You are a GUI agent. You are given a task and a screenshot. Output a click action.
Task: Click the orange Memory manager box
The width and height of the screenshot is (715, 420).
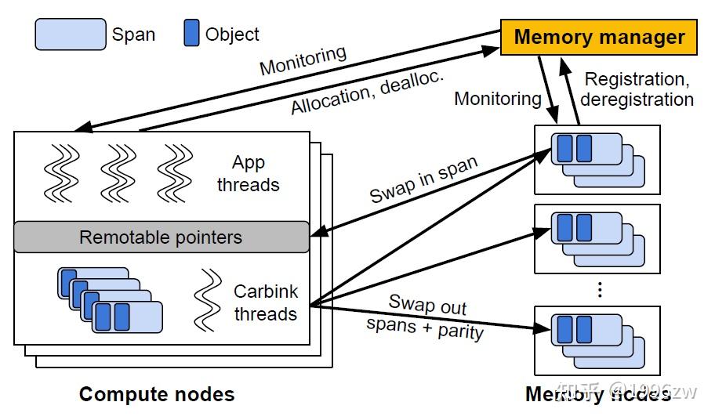point(599,37)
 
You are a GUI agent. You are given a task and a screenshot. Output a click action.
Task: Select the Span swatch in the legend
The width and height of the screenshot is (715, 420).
point(71,34)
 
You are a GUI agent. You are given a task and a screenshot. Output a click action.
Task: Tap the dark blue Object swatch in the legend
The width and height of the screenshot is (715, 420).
point(191,34)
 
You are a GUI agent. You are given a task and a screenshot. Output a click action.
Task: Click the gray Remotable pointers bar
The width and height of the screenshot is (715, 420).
point(161,237)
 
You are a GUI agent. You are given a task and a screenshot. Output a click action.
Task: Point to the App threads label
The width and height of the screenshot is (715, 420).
point(249,174)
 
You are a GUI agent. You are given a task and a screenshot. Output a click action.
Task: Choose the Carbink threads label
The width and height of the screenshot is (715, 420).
point(266,302)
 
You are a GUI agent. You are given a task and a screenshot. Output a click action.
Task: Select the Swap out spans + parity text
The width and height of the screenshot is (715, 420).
point(426,317)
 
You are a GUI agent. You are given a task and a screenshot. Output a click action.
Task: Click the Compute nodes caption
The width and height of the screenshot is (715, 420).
point(157,394)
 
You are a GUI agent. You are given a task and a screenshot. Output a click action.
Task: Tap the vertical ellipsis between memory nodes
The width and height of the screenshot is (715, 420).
point(599,289)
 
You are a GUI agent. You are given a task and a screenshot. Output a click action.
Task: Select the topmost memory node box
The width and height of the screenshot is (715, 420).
point(597,159)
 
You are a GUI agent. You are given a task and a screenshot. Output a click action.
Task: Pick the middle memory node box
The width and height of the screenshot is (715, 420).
point(597,238)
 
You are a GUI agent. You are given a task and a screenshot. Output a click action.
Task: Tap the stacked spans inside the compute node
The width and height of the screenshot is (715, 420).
point(110,300)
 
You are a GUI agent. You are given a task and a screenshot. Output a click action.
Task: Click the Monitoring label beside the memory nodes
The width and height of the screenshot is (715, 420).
point(498,99)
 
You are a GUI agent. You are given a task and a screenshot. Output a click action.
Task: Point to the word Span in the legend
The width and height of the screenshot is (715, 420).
point(133,34)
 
